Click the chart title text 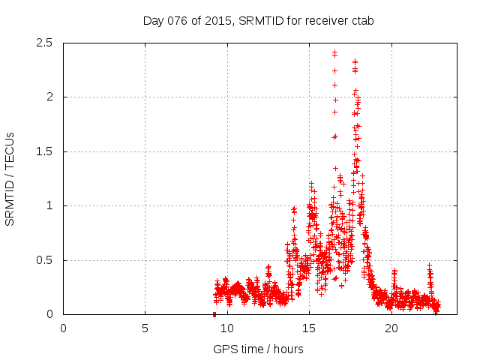point(258,20)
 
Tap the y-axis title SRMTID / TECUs point(10,178)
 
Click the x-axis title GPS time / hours point(258,349)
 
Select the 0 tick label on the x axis point(64,328)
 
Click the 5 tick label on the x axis point(145,328)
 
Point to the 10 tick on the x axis point(227,328)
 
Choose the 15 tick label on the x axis point(309,328)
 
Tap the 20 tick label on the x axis point(391,328)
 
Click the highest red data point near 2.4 point(334,52)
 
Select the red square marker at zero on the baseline point(214,314)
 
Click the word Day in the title point(153,20)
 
